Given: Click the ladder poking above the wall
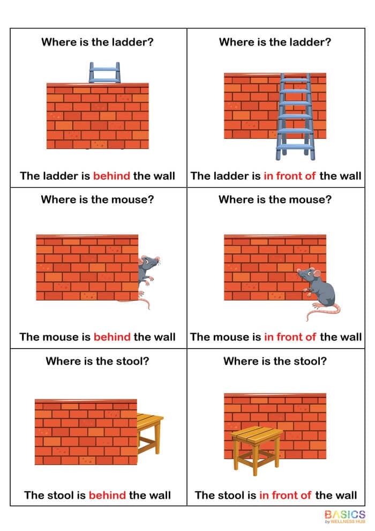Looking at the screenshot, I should click(104, 72).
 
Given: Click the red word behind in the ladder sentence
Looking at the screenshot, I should click(111, 175).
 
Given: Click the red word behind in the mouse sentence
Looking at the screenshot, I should click(112, 337).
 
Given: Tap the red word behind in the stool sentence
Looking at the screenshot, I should click(107, 495).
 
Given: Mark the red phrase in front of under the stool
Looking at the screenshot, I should click(285, 495).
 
